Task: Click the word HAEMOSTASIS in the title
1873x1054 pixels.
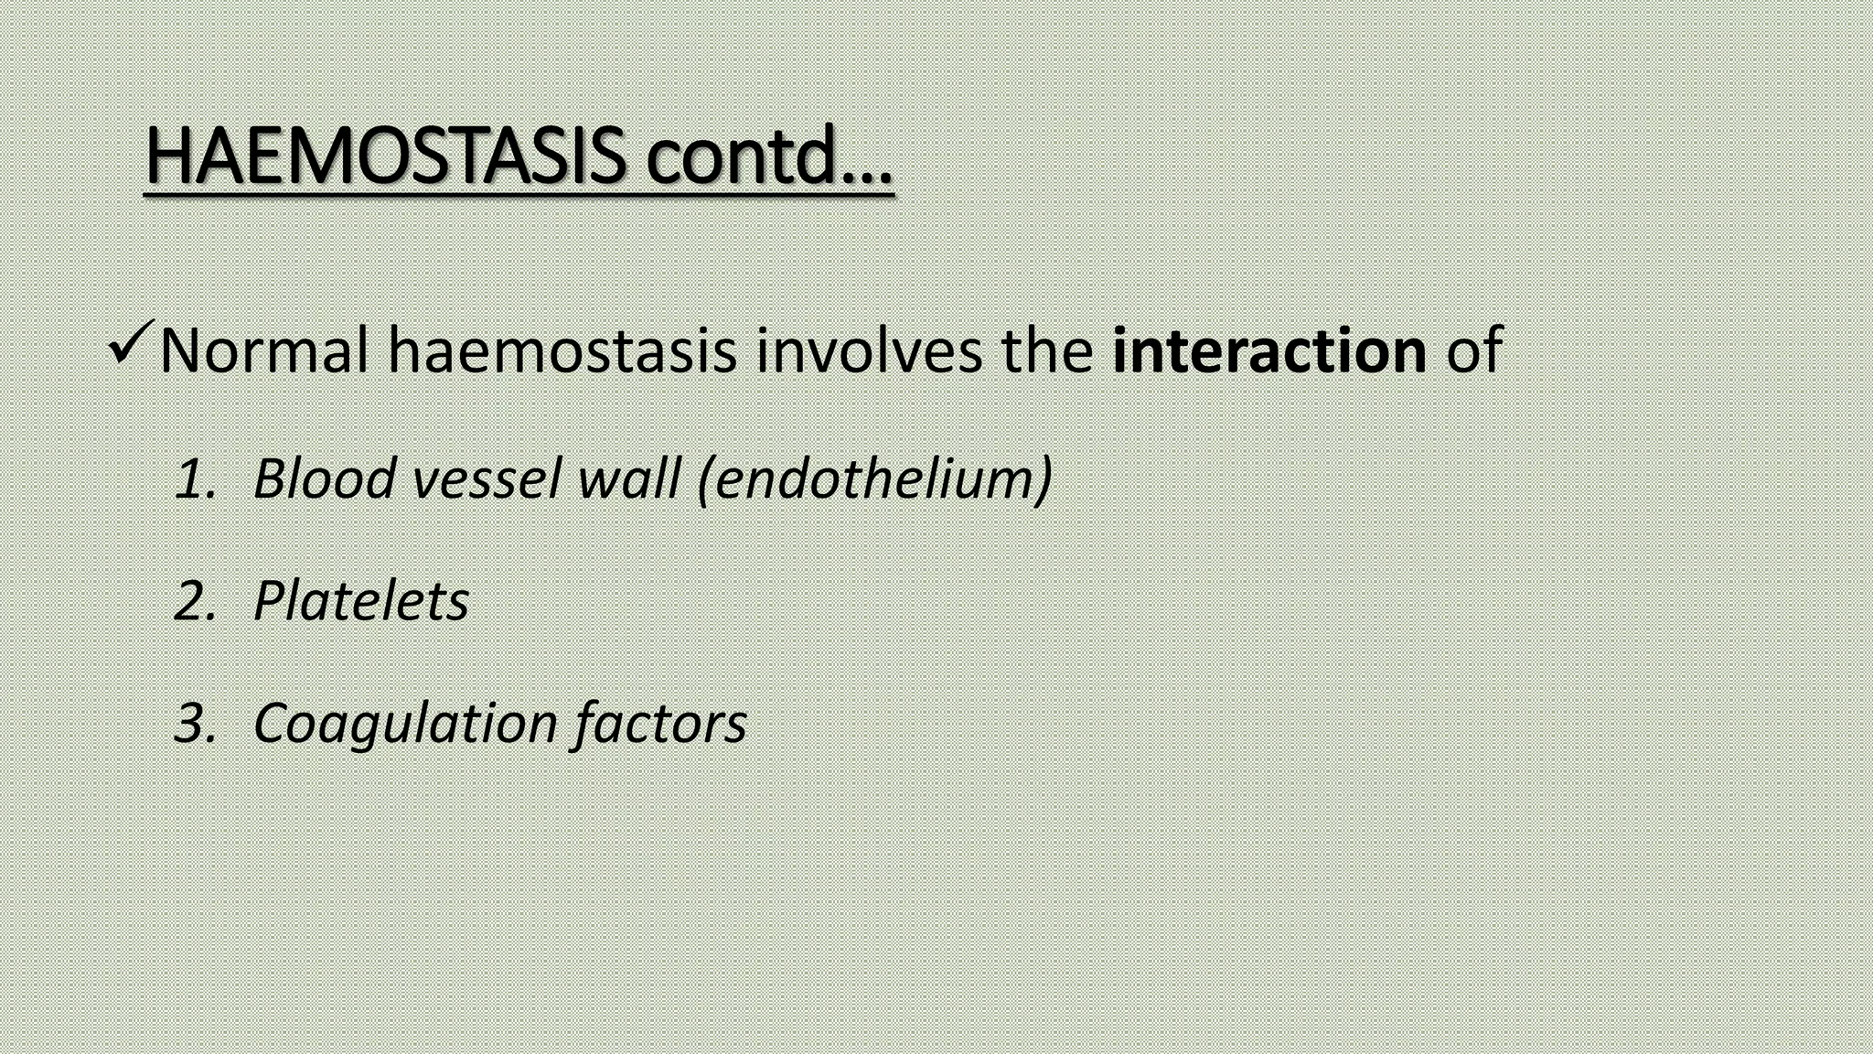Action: [x=385, y=156]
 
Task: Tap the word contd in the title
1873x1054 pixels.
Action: [x=742, y=156]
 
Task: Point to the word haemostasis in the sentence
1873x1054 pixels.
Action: [x=562, y=350]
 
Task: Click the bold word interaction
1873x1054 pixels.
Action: [x=1268, y=350]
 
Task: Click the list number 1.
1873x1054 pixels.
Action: [x=195, y=479]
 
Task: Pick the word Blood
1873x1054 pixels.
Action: [x=324, y=479]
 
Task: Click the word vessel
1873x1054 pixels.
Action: [x=485, y=479]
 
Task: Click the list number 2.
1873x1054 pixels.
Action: [x=195, y=602]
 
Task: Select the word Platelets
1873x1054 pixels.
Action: [x=360, y=601]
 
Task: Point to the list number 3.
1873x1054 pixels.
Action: [x=195, y=724]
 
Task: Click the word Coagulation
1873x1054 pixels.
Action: [x=405, y=724]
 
